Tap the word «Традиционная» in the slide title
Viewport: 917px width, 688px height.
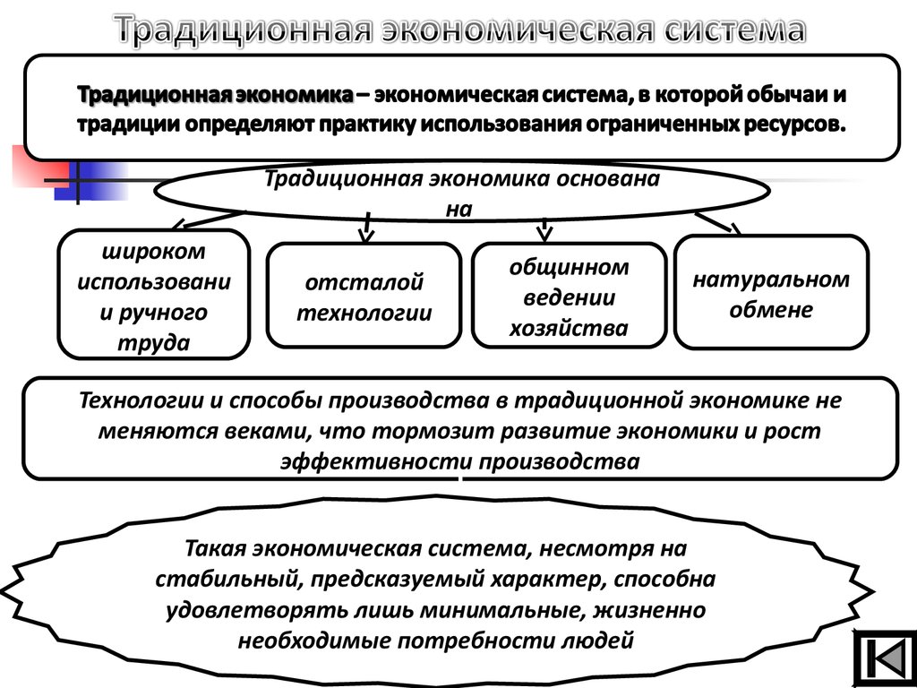(x=244, y=30)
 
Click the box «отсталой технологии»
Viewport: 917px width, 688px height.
(x=364, y=295)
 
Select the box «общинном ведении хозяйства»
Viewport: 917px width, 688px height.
(x=569, y=295)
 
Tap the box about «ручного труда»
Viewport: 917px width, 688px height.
(x=154, y=294)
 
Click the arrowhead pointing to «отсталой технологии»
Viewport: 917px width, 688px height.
(x=365, y=236)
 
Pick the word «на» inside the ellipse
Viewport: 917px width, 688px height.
(x=459, y=209)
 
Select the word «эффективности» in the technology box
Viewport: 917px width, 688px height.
(x=377, y=461)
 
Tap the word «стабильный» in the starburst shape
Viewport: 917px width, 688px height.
(x=229, y=580)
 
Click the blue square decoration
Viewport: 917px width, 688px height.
(x=91, y=181)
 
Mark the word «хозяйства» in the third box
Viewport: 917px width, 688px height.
(x=569, y=328)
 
